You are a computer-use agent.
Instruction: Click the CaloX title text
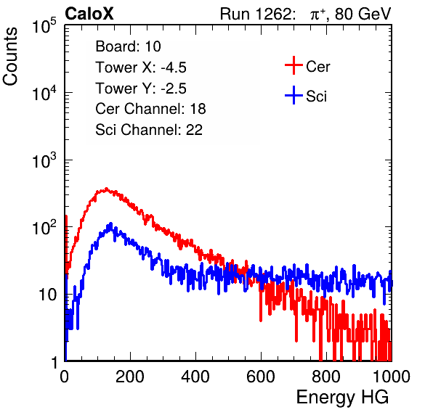click(89, 14)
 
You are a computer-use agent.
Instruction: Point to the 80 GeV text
click(363, 14)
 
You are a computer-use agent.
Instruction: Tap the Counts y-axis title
click(10, 57)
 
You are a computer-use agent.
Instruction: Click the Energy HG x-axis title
click(342, 398)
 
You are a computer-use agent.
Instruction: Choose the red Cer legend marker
click(294, 65)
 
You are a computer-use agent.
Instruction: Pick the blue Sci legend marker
click(294, 96)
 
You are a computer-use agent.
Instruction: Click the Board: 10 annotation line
click(128, 46)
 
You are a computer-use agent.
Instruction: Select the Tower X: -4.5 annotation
click(141, 67)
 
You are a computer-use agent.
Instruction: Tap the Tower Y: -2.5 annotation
click(141, 89)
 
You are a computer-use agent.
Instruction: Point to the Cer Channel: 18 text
click(150, 109)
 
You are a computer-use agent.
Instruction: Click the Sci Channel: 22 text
click(149, 130)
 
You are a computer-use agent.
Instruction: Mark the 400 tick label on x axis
click(195, 377)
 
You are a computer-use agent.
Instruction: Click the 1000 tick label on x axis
click(392, 377)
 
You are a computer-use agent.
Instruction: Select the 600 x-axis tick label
click(261, 377)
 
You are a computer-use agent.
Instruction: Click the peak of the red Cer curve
click(106, 189)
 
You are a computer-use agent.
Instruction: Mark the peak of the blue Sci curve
click(111, 223)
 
